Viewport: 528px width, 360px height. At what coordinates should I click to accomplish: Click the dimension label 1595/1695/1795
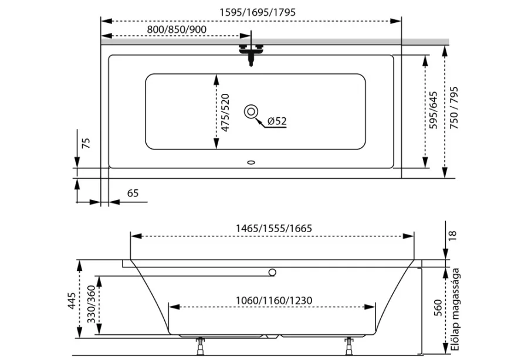click(258, 12)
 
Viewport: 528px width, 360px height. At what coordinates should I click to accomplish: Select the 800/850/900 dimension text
click(177, 29)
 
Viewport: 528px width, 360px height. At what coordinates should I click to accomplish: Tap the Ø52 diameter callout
click(277, 121)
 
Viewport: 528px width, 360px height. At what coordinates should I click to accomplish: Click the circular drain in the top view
click(251, 112)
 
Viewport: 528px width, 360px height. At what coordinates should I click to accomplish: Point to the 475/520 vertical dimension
click(225, 113)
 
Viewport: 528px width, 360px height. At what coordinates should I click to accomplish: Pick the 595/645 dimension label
click(434, 110)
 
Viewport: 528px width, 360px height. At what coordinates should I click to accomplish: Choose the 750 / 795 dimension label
click(454, 108)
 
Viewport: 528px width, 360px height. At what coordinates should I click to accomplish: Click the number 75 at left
click(86, 143)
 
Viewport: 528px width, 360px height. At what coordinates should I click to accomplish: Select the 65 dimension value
click(133, 193)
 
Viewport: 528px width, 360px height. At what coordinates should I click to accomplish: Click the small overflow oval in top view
click(251, 162)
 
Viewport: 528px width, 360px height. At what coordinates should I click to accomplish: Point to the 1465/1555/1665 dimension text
click(274, 229)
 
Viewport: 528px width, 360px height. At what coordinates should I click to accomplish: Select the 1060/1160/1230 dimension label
click(274, 300)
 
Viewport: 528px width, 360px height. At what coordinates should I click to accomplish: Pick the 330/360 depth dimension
click(92, 304)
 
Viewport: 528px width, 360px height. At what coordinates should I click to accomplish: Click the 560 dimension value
click(438, 307)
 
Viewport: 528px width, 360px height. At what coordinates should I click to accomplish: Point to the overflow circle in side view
click(272, 272)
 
